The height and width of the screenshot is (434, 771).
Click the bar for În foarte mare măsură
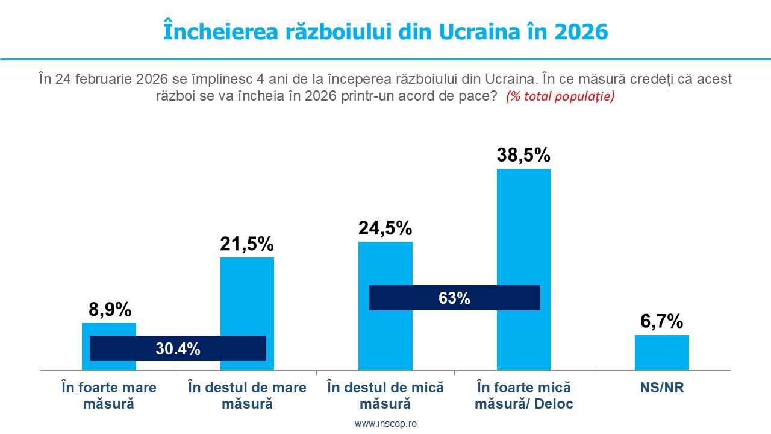[x=109, y=330]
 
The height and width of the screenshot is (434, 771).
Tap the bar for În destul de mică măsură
[x=385, y=265]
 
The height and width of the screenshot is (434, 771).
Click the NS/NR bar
[x=661, y=353]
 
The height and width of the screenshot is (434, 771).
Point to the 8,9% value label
[x=110, y=310]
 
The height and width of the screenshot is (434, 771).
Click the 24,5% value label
[x=385, y=228]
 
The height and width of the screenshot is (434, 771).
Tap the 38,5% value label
[x=523, y=155]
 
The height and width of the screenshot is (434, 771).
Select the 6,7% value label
[x=662, y=322]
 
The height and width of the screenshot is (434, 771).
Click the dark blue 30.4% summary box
[x=178, y=348]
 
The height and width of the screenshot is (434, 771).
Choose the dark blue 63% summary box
[x=454, y=298]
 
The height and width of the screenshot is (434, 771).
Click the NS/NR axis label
[x=662, y=388]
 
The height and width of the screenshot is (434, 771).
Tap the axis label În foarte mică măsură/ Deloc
[x=523, y=395]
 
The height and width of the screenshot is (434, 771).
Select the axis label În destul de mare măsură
[x=247, y=395]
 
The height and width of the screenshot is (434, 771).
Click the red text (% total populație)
[x=560, y=96]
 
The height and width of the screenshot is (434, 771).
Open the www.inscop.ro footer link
[x=385, y=424]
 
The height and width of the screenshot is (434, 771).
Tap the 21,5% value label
[x=247, y=244]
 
